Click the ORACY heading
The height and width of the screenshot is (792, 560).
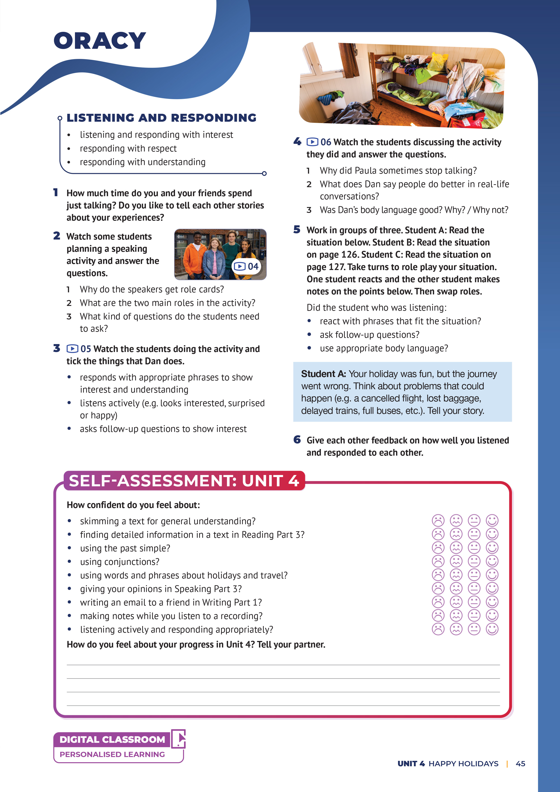click(100, 41)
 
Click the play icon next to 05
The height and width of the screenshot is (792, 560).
click(72, 349)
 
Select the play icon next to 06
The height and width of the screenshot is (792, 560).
click(312, 142)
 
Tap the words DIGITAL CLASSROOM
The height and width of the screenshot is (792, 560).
click(112, 740)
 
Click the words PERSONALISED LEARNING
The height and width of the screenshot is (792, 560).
click(112, 754)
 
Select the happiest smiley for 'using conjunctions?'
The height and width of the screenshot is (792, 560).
click(492, 561)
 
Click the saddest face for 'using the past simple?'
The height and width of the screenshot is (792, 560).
click(438, 548)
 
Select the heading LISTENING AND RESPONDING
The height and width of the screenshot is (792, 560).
click(161, 118)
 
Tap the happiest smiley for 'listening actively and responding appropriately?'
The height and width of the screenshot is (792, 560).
click(492, 629)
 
